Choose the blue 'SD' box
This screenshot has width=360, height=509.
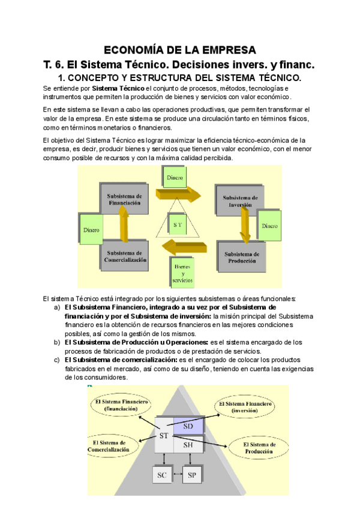(188, 425)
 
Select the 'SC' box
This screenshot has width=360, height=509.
(162, 475)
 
